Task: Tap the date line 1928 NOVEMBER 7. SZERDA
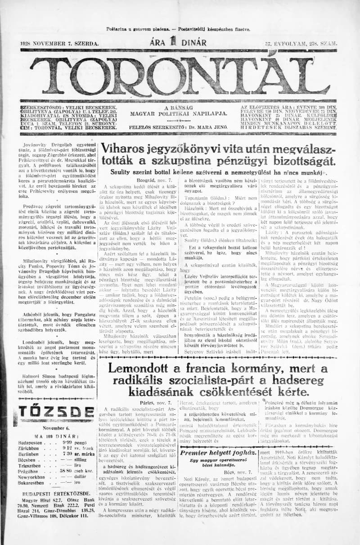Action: [x=59, y=44]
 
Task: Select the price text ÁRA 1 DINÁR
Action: [x=179, y=43]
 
